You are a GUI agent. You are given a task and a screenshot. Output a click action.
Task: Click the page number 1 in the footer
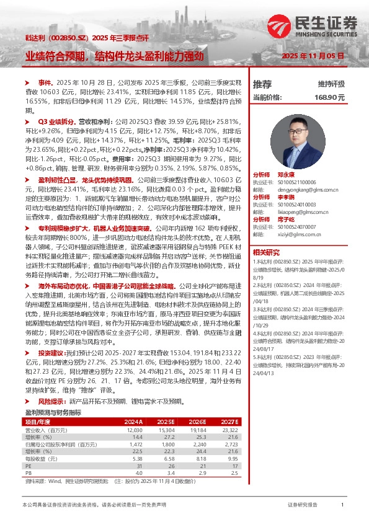[342, 505]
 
